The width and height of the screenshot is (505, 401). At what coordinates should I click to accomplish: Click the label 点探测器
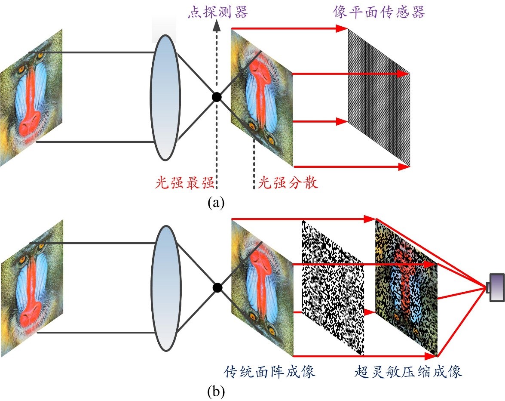point(218,12)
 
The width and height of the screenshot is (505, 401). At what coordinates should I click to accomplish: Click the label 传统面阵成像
point(270,371)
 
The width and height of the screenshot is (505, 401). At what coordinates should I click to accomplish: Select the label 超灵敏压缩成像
point(409,371)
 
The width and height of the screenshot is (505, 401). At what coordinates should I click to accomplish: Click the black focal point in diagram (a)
point(217,97)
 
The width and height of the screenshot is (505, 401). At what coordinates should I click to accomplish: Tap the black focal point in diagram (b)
point(217,287)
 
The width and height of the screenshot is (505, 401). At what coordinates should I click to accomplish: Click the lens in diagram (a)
point(164,97)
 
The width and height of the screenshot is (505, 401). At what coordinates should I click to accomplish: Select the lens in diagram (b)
point(164,287)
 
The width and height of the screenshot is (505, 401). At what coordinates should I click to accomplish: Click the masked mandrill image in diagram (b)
point(406,287)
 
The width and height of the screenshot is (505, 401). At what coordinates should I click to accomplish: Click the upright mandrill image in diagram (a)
point(31,97)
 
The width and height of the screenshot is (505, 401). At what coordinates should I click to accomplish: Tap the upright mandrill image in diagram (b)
point(31,287)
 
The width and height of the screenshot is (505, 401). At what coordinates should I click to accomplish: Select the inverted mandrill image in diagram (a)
point(262,97)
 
